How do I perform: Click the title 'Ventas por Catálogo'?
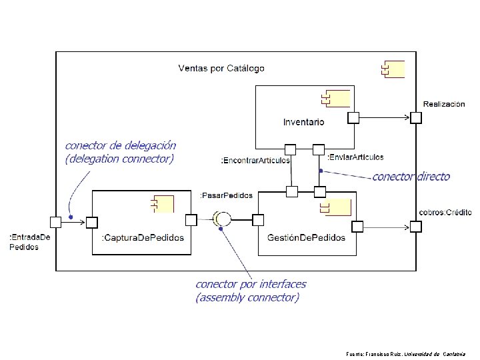pos(221,68)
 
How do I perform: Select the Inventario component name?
pos(303,122)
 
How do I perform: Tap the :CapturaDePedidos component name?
pos(142,237)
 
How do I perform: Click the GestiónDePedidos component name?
pos(306,237)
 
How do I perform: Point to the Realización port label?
pos(444,104)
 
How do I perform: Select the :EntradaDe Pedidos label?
pos(29,241)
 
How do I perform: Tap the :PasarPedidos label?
pos(227,195)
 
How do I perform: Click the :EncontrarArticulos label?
pos(255,161)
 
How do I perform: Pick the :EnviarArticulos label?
pos(355,157)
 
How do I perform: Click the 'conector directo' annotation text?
pos(411,177)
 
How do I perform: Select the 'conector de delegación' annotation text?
pos(120,145)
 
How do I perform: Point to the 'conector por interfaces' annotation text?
pos(251,285)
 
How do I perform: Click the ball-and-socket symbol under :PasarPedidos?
pos(221,219)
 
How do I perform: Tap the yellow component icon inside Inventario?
pos(335,99)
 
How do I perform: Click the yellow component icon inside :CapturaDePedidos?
pos(163,203)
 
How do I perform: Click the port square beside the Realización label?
pos(416,118)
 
